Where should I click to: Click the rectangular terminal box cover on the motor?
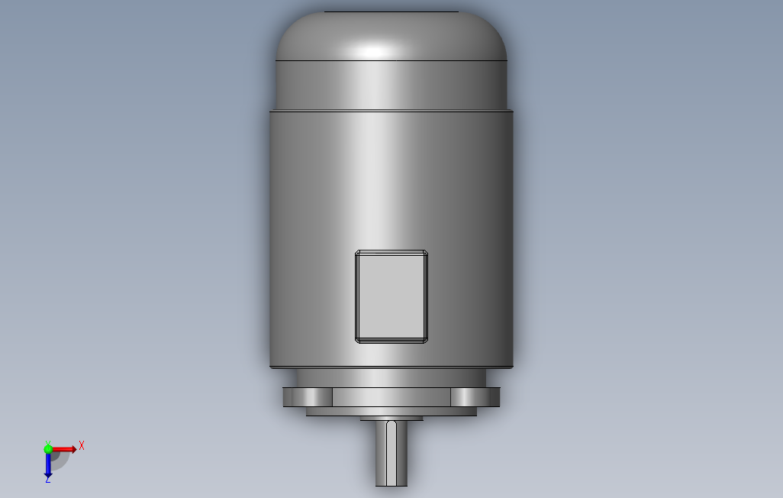pyautogui.click(x=391, y=296)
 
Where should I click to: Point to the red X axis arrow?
pyautogui.click(x=65, y=449)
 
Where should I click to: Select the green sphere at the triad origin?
pyautogui.click(x=48, y=449)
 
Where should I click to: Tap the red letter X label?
pyautogui.click(x=82, y=445)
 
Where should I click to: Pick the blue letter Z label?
pyautogui.click(x=47, y=480)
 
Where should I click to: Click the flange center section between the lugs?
pyautogui.click(x=391, y=397)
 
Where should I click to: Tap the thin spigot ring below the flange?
pyautogui.click(x=391, y=412)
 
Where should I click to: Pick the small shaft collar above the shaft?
pyautogui.click(x=391, y=419)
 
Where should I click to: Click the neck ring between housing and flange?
pyautogui.click(x=391, y=378)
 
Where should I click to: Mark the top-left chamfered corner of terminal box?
pyautogui.click(x=358, y=253)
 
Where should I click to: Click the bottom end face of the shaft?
pyautogui.click(x=391, y=484)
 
